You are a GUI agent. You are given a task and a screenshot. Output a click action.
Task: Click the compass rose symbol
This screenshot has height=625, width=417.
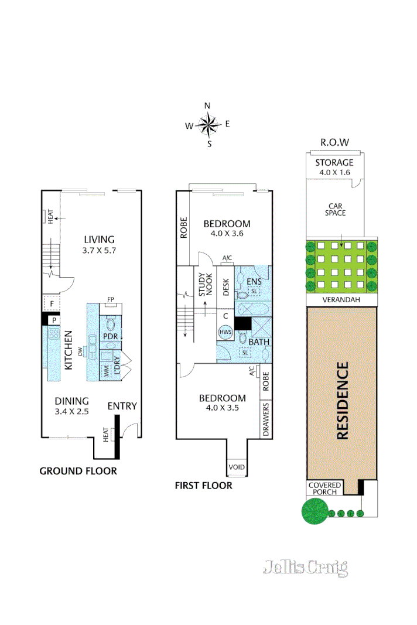click(207, 124)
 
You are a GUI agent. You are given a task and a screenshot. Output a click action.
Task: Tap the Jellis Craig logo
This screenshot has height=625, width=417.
click(305, 567)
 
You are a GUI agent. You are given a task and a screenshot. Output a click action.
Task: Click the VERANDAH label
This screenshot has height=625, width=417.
click(341, 299)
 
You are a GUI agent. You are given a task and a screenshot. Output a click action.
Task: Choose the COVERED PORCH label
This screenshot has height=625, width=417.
click(323, 488)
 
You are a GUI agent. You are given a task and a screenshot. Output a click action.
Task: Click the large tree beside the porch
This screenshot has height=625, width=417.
click(314, 512)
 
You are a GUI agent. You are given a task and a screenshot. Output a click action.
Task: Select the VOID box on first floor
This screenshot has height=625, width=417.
click(237, 467)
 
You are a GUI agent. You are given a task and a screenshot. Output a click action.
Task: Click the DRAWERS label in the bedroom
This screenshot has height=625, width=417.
click(266, 419)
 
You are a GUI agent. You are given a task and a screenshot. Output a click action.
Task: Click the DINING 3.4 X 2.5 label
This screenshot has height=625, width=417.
click(71, 406)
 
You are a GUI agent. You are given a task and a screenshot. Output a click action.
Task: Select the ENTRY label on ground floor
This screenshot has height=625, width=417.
click(122, 406)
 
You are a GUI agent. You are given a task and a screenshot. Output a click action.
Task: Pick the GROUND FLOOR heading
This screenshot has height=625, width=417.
click(78, 471)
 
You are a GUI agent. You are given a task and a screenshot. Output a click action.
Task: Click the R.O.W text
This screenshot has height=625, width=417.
click(334, 142)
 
